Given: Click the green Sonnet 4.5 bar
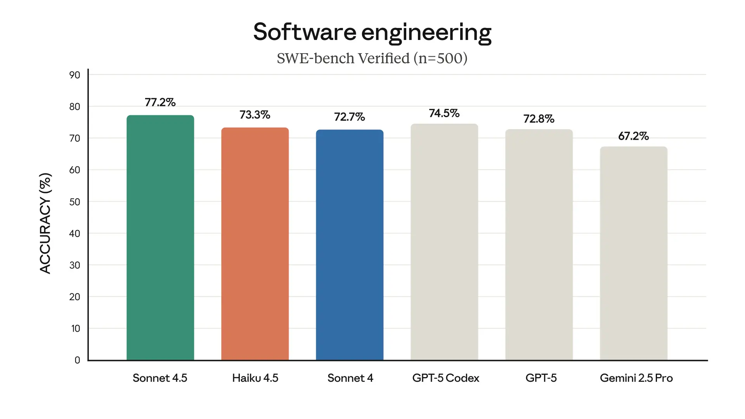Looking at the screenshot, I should [x=160, y=237].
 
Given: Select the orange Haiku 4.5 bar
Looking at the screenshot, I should [x=255, y=244].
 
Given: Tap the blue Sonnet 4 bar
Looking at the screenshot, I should [x=350, y=244].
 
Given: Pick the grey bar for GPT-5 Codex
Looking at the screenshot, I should [x=444, y=242].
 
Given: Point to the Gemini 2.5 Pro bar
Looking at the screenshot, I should [x=634, y=253].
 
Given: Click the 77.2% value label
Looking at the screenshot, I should [x=160, y=102].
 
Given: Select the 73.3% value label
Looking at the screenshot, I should [x=255, y=115].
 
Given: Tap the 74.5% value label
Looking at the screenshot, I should [x=444, y=113].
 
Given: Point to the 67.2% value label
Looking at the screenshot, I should [x=634, y=136].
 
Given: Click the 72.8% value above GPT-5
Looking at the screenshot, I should [x=539, y=119].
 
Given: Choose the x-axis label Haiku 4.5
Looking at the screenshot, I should [x=255, y=378].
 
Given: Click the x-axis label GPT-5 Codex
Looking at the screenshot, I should [x=445, y=378].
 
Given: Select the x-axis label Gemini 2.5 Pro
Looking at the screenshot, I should [x=636, y=378].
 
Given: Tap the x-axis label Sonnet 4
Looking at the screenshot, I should [x=350, y=378].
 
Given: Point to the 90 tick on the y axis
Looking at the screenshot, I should [x=74, y=75].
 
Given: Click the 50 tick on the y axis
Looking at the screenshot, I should [x=74, y=202].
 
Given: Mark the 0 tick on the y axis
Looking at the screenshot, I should [x=77, y=360].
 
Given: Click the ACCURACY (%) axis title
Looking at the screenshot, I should [x=45, y=223].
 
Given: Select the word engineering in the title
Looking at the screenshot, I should [x=426, y=33].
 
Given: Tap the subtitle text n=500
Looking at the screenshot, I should [x=440, y=59].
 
